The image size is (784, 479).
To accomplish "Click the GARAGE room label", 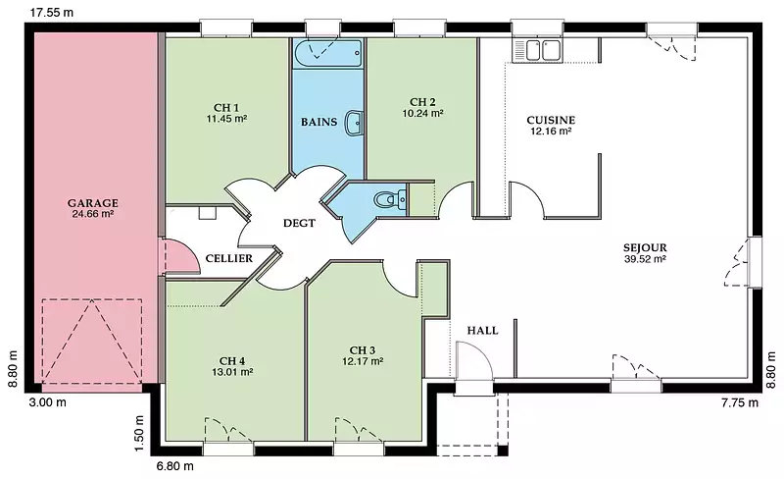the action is point(93,203).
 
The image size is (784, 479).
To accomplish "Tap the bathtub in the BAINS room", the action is point(328,54).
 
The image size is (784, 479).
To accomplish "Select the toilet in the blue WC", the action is point(390,199).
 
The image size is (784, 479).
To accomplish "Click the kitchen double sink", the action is point(537,50).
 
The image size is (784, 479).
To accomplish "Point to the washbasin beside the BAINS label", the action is point(354,122).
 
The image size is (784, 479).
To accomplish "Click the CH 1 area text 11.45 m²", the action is point(227,119).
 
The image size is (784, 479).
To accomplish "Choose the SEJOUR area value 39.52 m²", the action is point(645,259).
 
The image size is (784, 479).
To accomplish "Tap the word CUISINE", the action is point(551,120).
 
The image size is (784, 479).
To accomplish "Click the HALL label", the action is point(482,330).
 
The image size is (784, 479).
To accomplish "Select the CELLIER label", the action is point(229,258).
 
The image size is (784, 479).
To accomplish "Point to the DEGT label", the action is point(299,223).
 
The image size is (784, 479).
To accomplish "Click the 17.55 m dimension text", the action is point(52,12).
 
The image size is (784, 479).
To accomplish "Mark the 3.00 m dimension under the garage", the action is point(47,401).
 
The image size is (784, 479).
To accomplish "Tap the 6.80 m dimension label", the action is point(175,466).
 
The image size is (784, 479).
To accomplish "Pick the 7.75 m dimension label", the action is point(740,402).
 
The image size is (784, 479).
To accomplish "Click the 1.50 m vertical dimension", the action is point(139,433).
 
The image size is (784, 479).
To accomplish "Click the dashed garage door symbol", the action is point(92,342).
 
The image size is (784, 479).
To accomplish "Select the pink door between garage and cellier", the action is point(177,256).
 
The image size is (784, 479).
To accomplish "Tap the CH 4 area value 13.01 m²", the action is point(232,372).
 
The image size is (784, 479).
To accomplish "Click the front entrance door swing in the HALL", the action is point(474,360).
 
